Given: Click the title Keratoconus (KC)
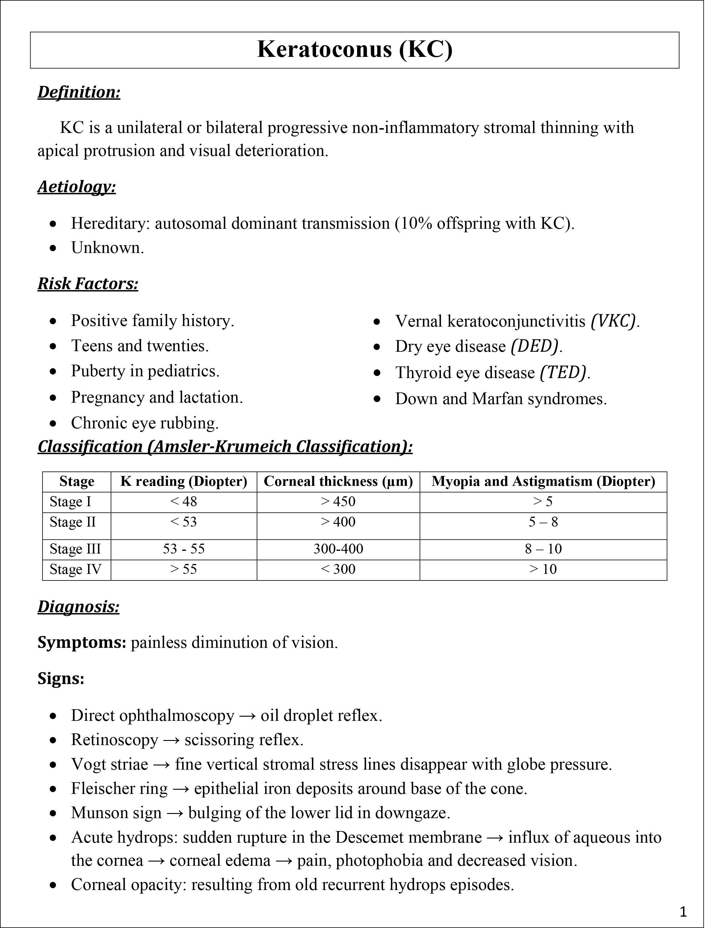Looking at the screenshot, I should [354, 49].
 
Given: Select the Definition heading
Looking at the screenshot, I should [79, 92].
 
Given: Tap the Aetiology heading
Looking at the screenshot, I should [76, 187].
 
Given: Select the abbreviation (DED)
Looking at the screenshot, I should [535, 347].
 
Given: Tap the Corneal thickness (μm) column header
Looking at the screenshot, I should [338, 481].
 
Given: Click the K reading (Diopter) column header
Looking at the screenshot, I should [183, 481].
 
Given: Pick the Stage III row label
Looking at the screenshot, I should [75, 549].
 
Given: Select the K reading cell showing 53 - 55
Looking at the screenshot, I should [183, 549].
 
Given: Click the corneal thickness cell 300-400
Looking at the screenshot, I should [338, 549].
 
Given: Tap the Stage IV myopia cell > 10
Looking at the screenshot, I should [543, 569].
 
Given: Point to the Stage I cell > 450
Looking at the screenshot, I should [338, 502].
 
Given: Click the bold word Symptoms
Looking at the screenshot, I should [81, 643].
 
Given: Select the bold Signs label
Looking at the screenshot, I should [61, 678].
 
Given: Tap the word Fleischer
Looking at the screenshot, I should [98, 789].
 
